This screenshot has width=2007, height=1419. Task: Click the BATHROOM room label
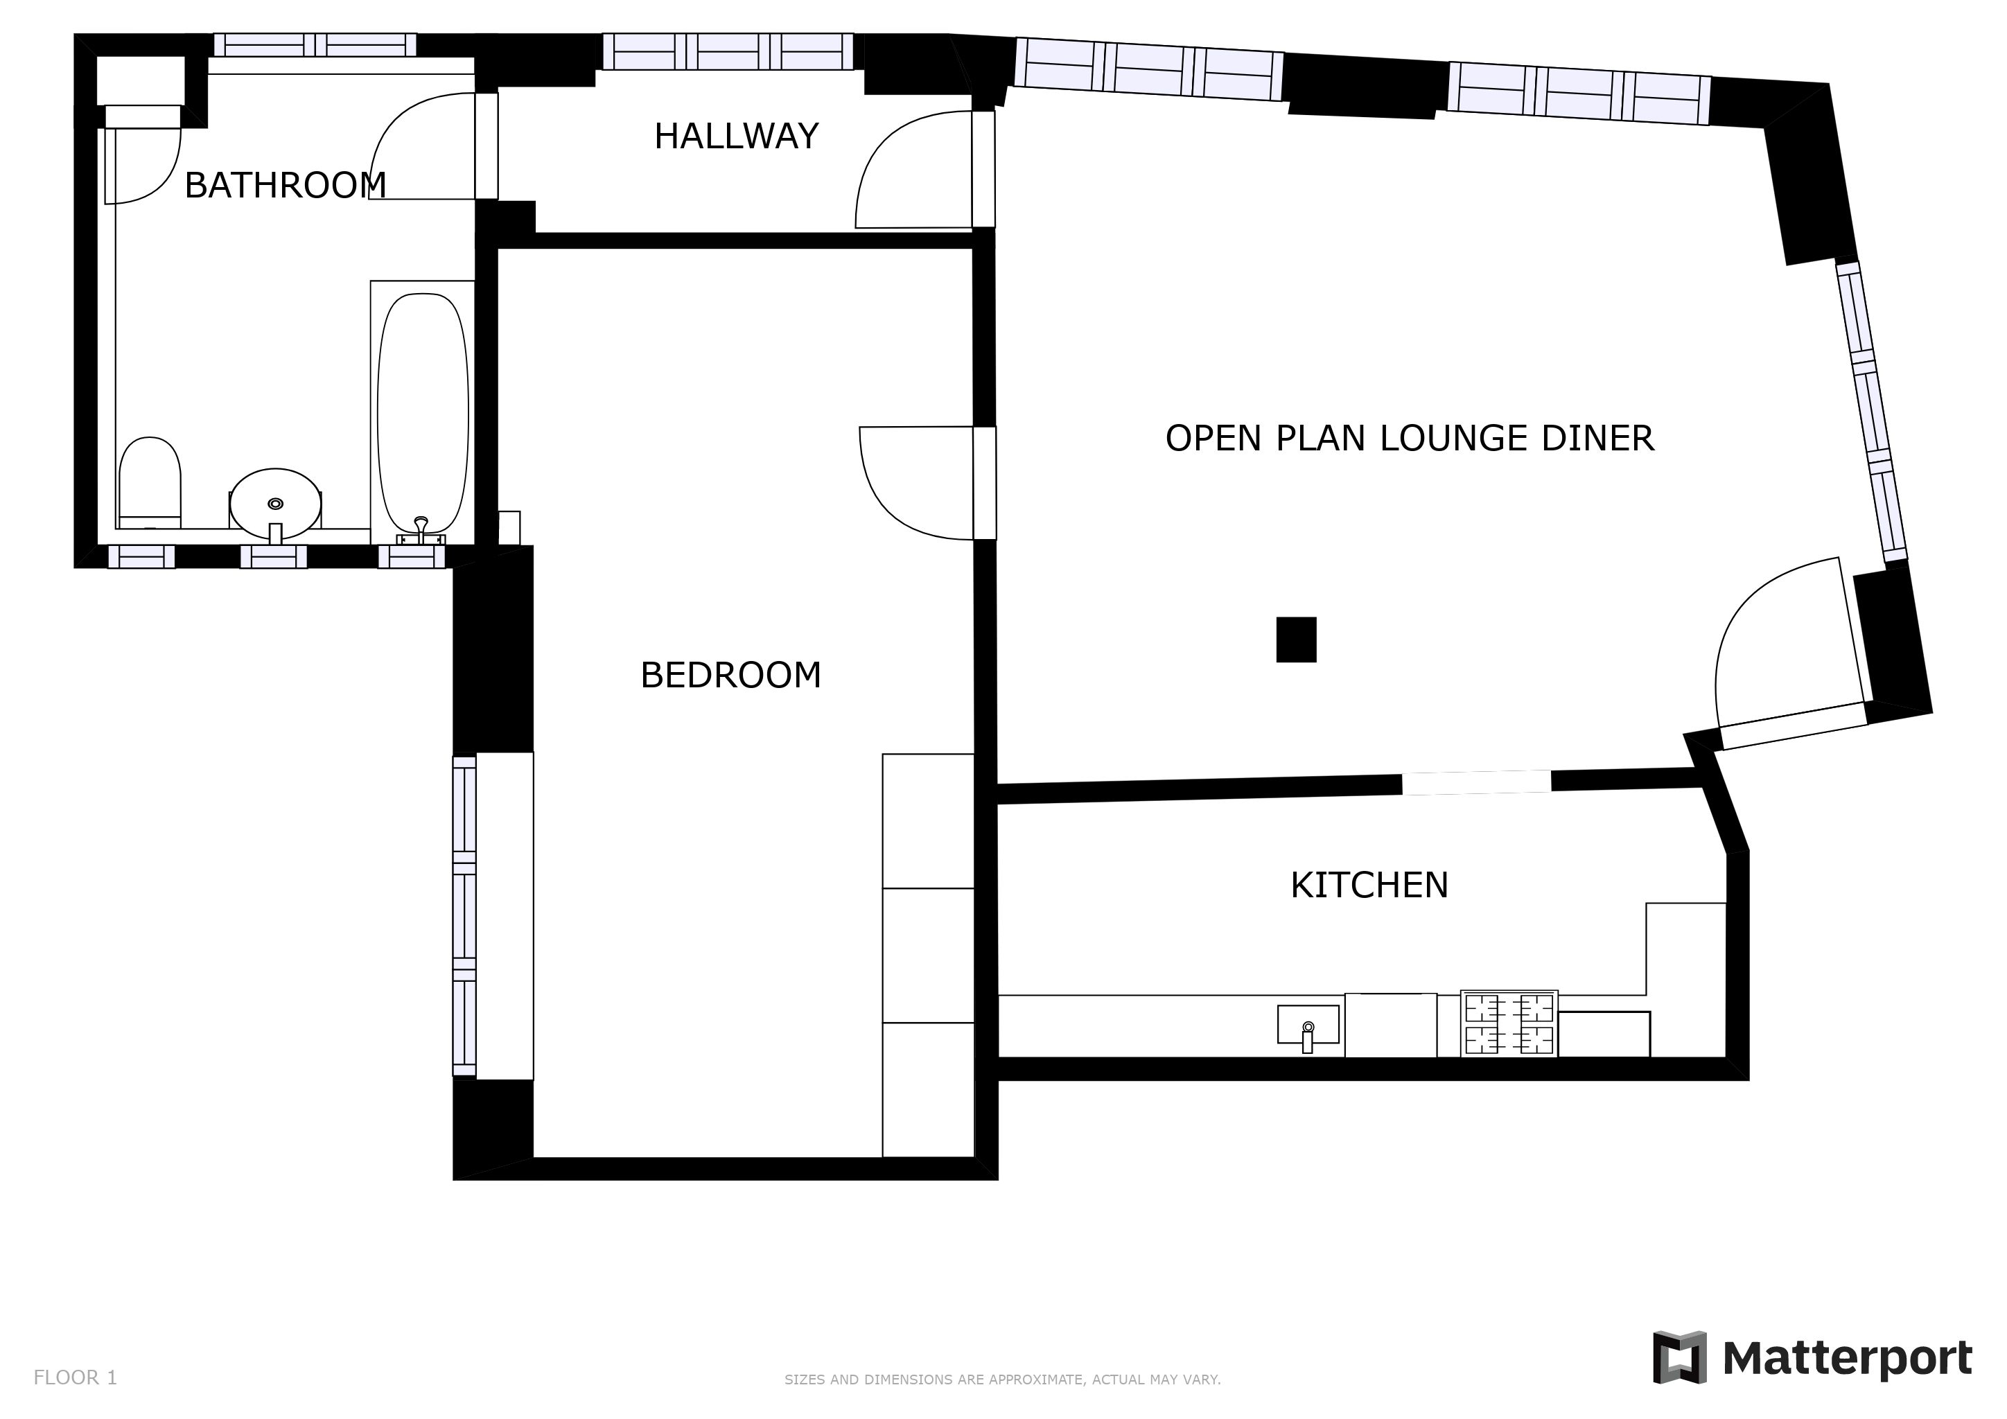[285, 185]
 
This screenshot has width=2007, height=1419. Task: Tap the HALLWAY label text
[736, 136]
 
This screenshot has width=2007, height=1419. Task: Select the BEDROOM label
[730, 675]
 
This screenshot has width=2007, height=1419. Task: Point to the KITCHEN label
[1369, 885]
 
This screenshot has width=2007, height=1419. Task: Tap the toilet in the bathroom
[150, 482]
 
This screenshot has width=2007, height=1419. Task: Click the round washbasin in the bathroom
[275, 504]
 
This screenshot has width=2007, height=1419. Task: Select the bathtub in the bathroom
[423, 412]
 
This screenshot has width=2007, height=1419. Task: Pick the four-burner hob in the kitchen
[1509, 1024]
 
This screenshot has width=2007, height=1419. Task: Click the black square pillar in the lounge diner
[1297, 640]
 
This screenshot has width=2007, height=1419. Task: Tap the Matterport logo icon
[1679, 1357]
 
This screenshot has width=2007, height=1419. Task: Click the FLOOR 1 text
[75, 1378]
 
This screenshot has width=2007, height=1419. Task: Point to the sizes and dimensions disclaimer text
[1003, 1380]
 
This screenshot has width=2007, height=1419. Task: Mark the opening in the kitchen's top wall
[1476, 782]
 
